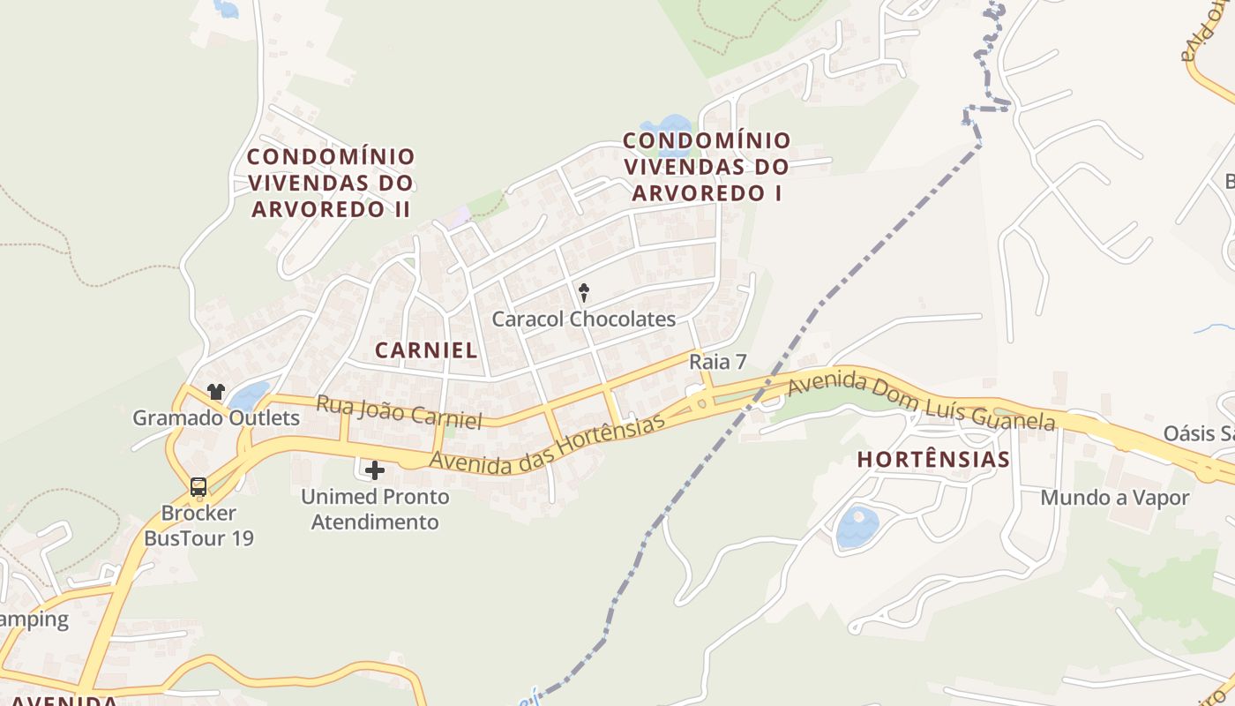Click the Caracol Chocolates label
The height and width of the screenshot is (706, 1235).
click(583, 319)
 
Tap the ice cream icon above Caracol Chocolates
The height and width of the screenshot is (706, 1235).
click(583, 292)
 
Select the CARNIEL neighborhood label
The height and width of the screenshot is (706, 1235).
click(426, 349)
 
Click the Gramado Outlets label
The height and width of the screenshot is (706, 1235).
click(216, 417)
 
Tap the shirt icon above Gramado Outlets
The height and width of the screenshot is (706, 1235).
click(216, 391)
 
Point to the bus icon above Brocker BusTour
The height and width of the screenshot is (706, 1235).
click(198, 486)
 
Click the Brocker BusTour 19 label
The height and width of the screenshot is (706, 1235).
click(198, 525)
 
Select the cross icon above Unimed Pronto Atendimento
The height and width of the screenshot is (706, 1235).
click(375, 469)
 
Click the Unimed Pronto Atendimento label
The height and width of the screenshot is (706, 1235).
click(375, 509)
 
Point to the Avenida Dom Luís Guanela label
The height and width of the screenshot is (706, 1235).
click(921, 402)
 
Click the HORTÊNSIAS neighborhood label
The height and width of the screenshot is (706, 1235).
click(933, 459)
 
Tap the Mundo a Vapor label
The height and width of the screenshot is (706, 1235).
click(1115, 497)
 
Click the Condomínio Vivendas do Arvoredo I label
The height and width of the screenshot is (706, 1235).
click(707, 166)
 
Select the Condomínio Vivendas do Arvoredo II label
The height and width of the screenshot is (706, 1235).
click(331, 183)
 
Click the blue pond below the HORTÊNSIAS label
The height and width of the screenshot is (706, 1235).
click(857, 527)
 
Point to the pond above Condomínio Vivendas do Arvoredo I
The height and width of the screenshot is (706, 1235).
click(670, 125)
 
